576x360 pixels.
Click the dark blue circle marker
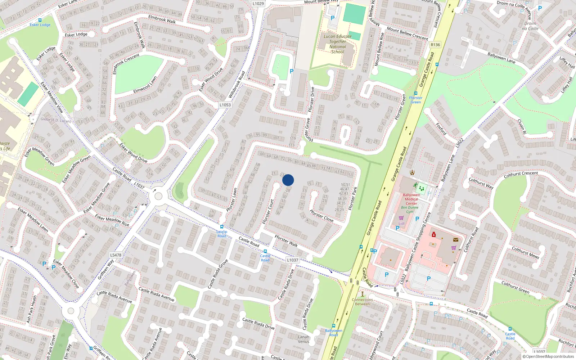288,180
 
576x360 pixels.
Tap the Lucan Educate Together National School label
337,44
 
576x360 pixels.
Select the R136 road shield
435,45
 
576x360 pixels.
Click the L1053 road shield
225,105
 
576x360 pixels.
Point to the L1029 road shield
258,4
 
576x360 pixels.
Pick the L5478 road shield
116,255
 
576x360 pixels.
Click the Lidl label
401,224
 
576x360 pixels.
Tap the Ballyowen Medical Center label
411,199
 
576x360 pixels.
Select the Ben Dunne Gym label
410,210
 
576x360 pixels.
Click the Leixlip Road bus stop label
222,234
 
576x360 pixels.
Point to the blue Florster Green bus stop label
415,100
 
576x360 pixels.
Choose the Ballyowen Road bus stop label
334,333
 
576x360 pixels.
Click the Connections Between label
363,302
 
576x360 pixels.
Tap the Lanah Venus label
303,339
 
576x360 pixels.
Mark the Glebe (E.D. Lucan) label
55,120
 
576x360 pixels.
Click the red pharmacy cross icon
434,235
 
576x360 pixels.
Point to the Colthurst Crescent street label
521,174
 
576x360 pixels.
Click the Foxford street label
441,129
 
